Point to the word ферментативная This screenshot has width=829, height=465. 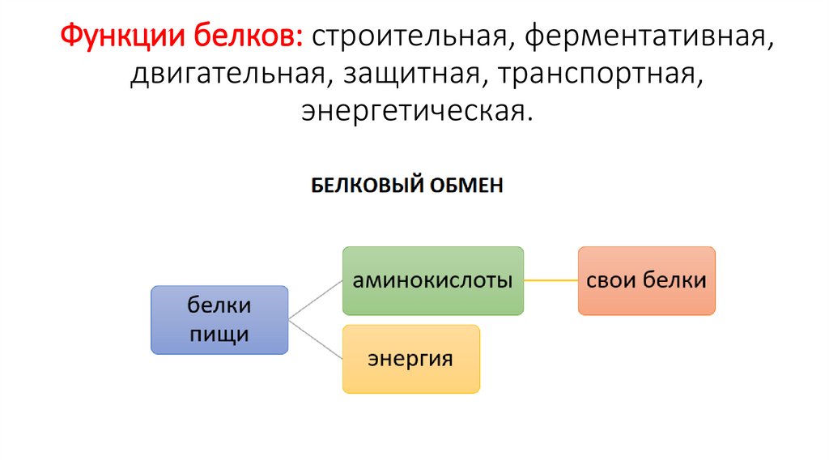click(x=638, y=37)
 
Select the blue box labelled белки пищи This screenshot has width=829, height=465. click(x=219, y=320)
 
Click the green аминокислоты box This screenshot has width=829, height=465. click(x=432, y=281)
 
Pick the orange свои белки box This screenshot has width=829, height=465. click(x=646, y=281)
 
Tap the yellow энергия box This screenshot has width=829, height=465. click(x=410, y=359)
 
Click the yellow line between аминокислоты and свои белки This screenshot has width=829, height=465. click(x=551, y=281)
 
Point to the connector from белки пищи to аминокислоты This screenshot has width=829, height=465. click(x=316, y=300)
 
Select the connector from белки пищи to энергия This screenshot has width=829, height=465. click(x=316, y=339)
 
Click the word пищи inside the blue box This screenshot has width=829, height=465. click(x=219, y=334)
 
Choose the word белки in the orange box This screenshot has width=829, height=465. click(x=674, y=281)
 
